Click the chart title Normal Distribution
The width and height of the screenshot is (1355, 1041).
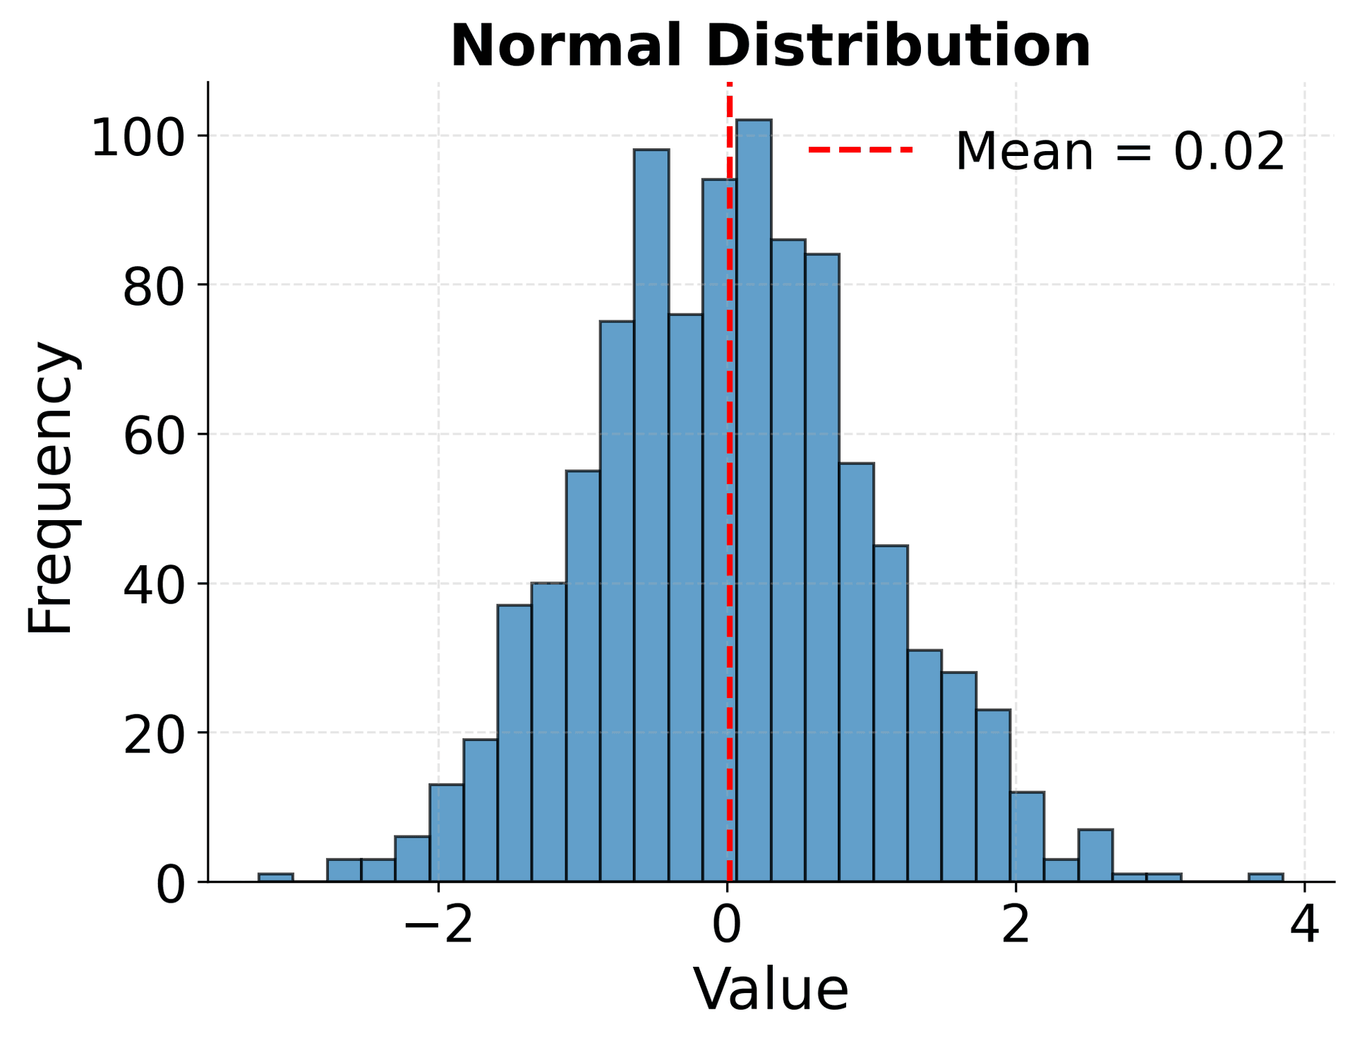[771, 47]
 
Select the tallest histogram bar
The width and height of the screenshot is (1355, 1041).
[753, 494]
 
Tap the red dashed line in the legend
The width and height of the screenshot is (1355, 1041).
[860, 150]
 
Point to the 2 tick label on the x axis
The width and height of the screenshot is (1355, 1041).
[1016, 925]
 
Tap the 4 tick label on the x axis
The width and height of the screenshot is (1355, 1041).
[1304, 925]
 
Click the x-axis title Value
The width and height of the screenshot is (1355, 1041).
[771, 990]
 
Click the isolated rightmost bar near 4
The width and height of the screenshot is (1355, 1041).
[1265, 877]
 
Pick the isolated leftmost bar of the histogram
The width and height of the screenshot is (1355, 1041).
[275, 877]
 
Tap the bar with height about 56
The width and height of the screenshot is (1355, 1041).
[856, 670]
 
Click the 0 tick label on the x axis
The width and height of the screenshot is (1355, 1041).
[727, 925]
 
